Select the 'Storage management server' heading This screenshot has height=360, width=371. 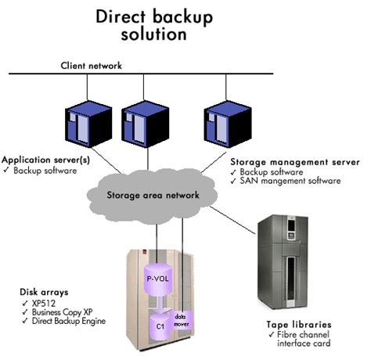[294, 162]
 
